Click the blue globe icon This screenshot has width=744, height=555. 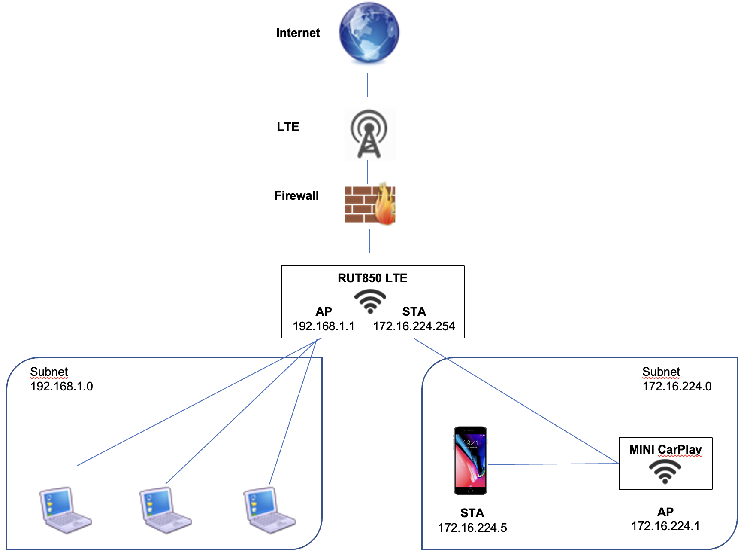369,33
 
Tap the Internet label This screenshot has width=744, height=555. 298,33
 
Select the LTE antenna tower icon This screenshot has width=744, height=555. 369,134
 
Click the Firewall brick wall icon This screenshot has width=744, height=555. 369,204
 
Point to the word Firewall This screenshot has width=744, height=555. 296,196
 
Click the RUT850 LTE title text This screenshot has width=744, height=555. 372,278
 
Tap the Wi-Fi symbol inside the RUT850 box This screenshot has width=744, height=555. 370,301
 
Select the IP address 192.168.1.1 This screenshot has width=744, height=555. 324,326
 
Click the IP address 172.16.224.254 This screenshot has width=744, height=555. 414,326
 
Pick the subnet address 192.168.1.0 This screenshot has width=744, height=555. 62,387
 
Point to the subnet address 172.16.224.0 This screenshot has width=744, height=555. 677,387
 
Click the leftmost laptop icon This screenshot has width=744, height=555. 65,510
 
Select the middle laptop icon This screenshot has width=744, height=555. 165,510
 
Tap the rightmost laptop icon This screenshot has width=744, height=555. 269,510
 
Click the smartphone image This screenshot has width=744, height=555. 470,460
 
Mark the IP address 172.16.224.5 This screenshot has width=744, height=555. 472,528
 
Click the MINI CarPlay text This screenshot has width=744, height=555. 665,450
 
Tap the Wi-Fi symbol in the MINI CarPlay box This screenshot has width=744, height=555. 665,471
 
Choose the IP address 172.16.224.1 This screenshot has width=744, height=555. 665,526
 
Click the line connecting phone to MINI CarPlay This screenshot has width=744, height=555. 553,464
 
